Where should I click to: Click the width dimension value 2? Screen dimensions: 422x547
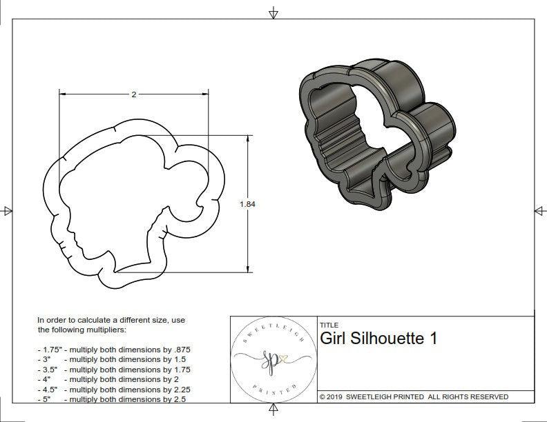(133, 94)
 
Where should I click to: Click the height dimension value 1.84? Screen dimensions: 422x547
(247, 204)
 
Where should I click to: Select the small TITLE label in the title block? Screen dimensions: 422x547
(328, 325)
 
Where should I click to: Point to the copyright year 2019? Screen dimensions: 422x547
(336, 396)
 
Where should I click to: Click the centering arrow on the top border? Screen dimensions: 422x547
(274, 12)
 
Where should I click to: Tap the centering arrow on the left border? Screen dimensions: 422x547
(7, 210)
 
